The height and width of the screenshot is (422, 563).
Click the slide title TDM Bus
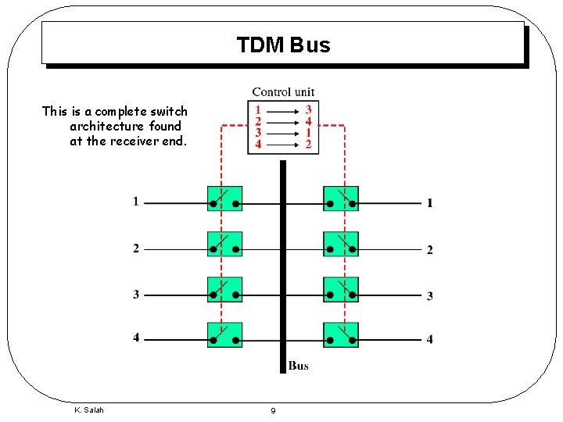click(283, 45)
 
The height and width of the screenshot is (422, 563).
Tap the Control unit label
click(283, 92)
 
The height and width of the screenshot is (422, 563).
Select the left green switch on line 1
click(224, 198)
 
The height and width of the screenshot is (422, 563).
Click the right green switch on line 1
click(341, 198)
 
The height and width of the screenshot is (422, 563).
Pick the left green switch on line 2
click(224, 244)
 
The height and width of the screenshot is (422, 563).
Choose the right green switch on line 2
click(341, 244)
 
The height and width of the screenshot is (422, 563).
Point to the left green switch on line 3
click(224, 289)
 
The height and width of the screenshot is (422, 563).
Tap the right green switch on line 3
click(341, 289)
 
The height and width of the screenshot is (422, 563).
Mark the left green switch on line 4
click(224, 334)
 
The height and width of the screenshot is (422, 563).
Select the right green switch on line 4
click(341, 334)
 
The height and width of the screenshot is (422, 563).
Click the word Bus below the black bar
click(298, 366)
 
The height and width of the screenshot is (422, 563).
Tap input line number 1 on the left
click(136, 202)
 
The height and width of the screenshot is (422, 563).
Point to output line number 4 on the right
click(429, 340)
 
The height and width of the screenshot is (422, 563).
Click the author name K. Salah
click(88, 410)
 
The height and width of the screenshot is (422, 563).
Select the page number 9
click(272, 411)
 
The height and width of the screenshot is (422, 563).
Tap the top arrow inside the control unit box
click(283, 111)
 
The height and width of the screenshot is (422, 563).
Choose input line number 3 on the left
click(136, 295)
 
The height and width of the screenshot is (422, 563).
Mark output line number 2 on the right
click(429, 250)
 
